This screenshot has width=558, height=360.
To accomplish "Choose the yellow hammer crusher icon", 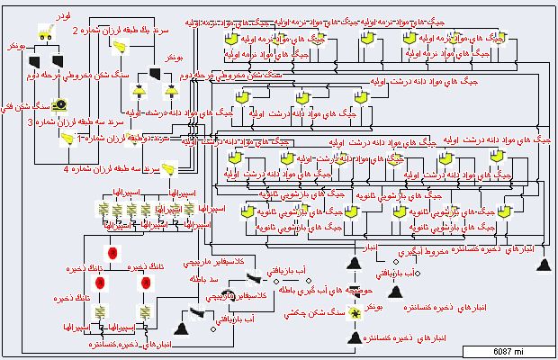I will pyautogui.click(x=355, y=312).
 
